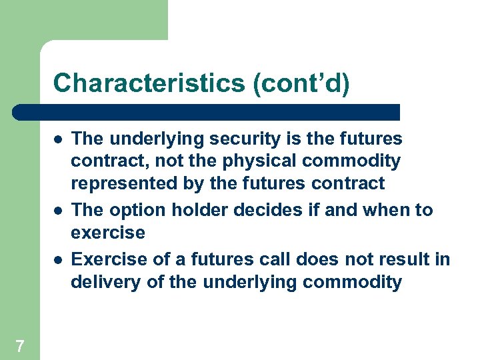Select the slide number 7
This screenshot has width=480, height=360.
click(x=20, y=345)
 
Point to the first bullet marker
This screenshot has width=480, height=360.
click(x=58, y=139)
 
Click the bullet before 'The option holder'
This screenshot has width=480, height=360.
click(x=58, y=211)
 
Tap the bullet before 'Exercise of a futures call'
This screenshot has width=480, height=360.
click(x=58, y=259)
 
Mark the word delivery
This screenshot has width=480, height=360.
click(x=100, y=282)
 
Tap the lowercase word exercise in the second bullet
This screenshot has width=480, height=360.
click(x=108, y=233)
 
